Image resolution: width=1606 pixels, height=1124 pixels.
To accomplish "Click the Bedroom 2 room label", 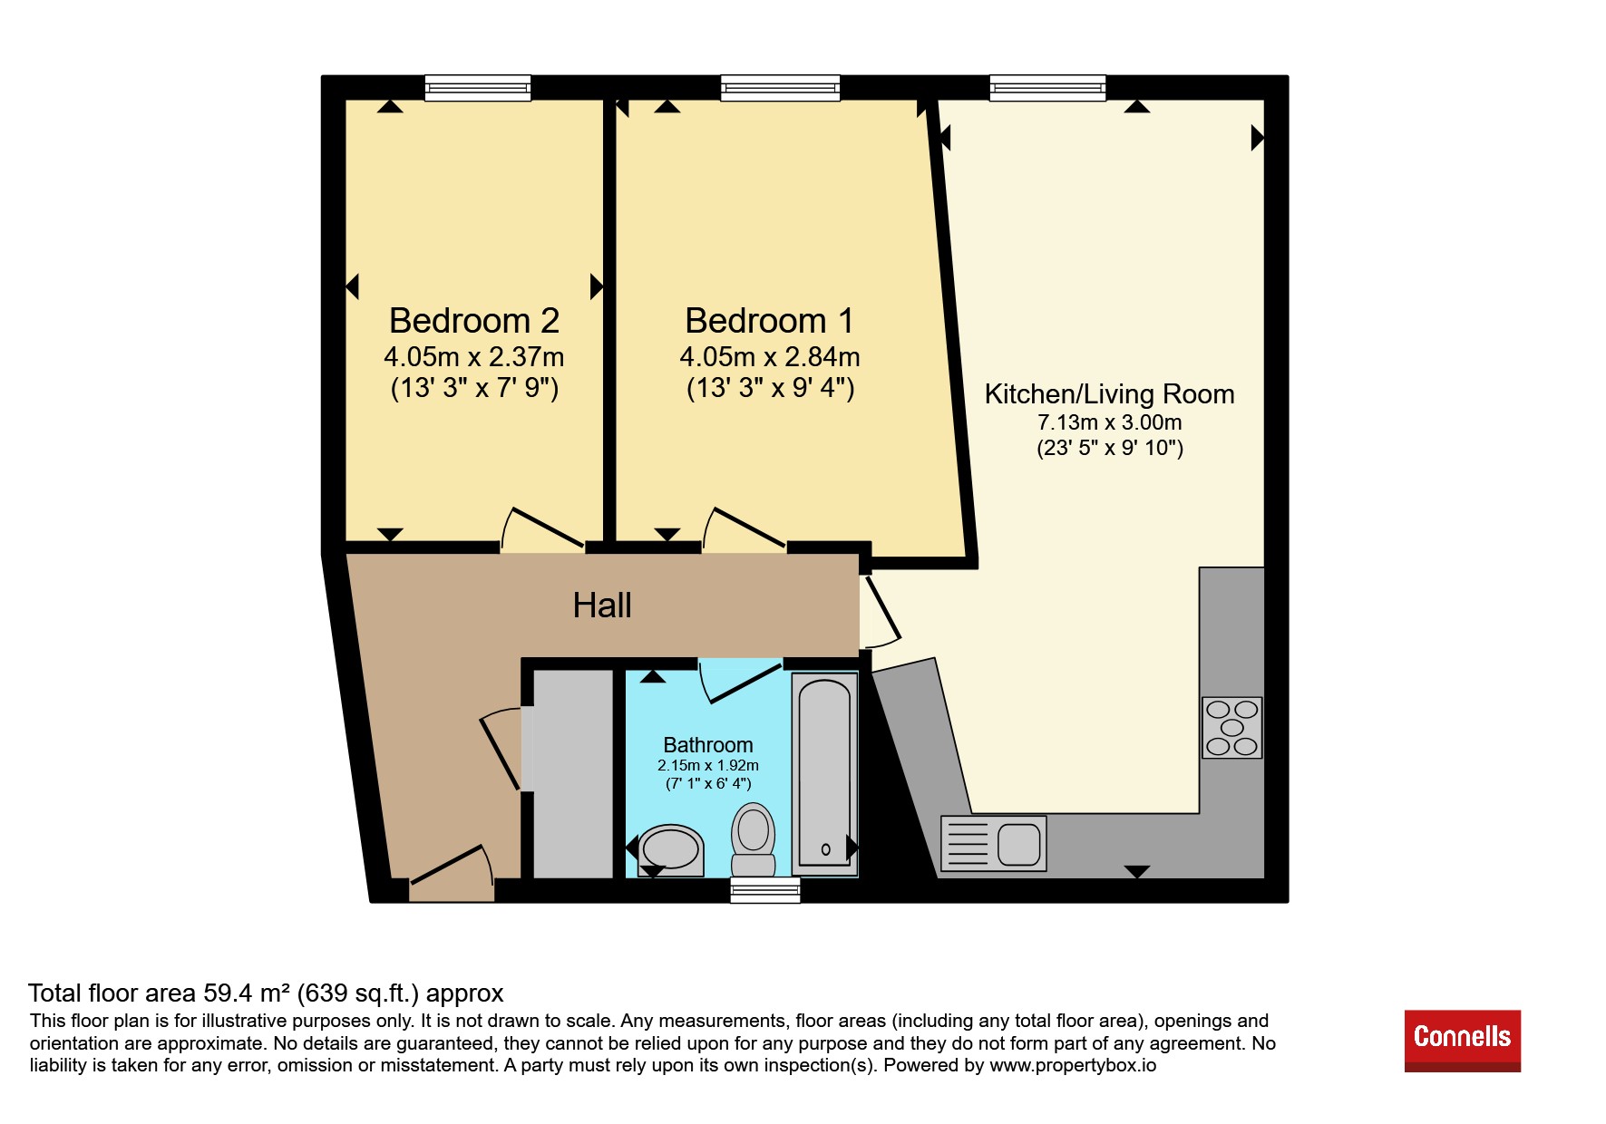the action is (474, 321).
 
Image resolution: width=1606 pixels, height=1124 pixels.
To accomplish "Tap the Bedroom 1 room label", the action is (769, 321).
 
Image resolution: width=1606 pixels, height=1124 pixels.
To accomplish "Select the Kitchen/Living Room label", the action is (1109, 394).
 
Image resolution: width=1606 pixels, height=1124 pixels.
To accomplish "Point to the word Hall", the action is (602, 605).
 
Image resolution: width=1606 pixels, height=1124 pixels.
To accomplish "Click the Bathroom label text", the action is (708, 745).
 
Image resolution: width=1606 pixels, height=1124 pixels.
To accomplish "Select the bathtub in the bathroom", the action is (825, 774).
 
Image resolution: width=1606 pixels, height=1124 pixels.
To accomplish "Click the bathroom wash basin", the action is (670, 849).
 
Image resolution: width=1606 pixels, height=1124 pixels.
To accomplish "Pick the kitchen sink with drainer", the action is (994, 843).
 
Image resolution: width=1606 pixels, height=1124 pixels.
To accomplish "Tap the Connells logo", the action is (1463, 1041).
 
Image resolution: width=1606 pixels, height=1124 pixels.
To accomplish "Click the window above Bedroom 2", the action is (478, 87).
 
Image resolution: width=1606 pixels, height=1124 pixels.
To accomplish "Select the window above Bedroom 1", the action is (780, 87).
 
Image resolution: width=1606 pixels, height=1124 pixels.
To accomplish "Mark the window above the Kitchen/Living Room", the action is (1048, 87).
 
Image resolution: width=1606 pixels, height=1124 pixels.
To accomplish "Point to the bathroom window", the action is (765, 890).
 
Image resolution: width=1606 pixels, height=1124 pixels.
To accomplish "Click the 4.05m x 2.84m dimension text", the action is (770, 357).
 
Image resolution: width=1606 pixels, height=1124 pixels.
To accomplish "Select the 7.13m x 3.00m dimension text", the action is (1110, 422).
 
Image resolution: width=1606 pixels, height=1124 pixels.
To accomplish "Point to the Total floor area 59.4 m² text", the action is (266, 993).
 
